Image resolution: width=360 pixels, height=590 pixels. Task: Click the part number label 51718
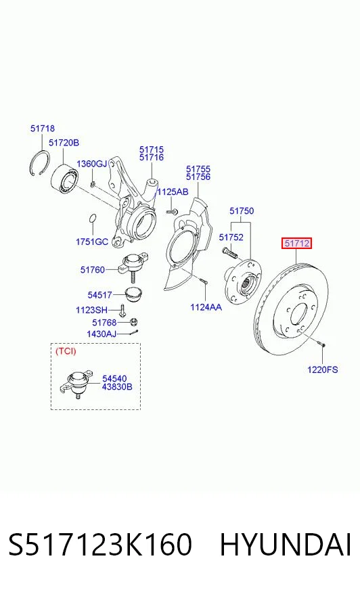point(43,129)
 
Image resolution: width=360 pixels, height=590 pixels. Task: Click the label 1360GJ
point(92,164)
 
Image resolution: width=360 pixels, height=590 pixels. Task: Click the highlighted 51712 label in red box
point(297,244)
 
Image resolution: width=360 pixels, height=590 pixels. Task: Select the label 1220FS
point(322,369)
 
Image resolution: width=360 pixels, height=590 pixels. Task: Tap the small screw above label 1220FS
point(321,343)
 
